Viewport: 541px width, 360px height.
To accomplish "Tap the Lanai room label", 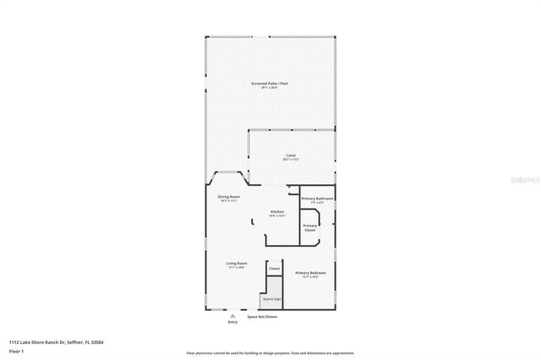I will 291,155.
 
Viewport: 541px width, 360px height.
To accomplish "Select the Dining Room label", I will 229,197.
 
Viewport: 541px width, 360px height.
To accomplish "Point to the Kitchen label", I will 277,211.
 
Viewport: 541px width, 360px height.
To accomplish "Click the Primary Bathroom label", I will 318,198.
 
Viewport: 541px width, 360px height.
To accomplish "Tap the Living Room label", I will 237,264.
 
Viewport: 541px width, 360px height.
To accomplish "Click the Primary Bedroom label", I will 310,273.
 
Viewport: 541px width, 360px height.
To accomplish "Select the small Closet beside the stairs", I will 274,269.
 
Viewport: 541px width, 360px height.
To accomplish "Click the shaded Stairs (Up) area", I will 273,298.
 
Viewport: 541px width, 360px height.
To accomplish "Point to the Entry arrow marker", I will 233,315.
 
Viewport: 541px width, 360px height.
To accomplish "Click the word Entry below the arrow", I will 233,322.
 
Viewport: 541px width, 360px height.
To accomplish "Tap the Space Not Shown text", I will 262,317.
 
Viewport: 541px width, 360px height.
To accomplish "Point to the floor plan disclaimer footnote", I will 270,353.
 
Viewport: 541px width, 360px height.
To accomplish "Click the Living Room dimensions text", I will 237,268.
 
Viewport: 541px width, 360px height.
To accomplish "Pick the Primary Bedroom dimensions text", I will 310,277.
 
